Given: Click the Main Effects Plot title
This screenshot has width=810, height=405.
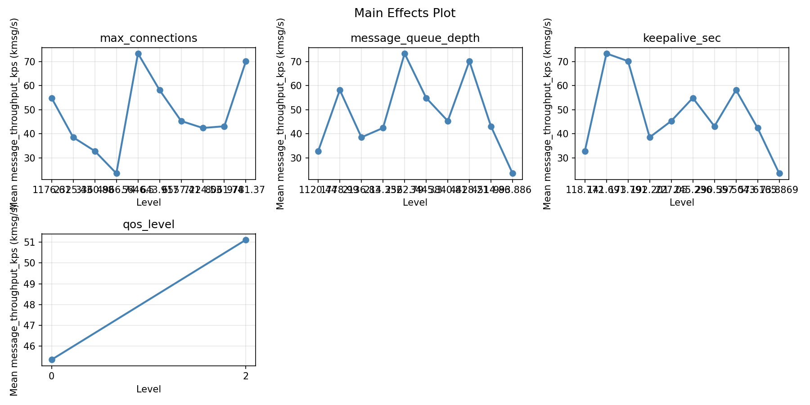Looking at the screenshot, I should pos(405,13).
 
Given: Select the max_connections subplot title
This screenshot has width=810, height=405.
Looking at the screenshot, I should pos(148,38).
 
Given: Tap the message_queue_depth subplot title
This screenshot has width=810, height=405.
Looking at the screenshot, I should pos(415,38).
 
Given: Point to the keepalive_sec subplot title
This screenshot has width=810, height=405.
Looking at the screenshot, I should pos(682,38).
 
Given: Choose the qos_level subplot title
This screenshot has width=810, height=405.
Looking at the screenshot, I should pos(148,225).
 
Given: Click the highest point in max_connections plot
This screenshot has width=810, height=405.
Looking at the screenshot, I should pos(138,54).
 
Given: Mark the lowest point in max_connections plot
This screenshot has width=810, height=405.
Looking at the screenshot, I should pos(117,173).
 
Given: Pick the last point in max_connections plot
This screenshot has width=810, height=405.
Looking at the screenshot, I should pos(246,61).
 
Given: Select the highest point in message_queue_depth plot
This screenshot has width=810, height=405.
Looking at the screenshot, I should pos(405,54).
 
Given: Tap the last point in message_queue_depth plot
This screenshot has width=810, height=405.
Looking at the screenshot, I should pos(513,173).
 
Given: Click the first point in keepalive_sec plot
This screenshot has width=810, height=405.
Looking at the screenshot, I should pos(585,151).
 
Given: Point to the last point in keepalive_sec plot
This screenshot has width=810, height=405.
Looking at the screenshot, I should pos(779,173).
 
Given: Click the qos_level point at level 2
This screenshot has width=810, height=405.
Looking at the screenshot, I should pos(246,240).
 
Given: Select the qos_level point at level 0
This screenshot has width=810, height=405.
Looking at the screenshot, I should pos(52,360).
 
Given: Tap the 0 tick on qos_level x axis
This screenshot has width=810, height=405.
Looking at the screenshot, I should pos(52,376).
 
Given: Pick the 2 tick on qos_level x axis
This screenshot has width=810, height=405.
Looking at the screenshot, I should pos(246,376).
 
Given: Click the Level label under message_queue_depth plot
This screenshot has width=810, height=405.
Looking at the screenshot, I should pos(415,202).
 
